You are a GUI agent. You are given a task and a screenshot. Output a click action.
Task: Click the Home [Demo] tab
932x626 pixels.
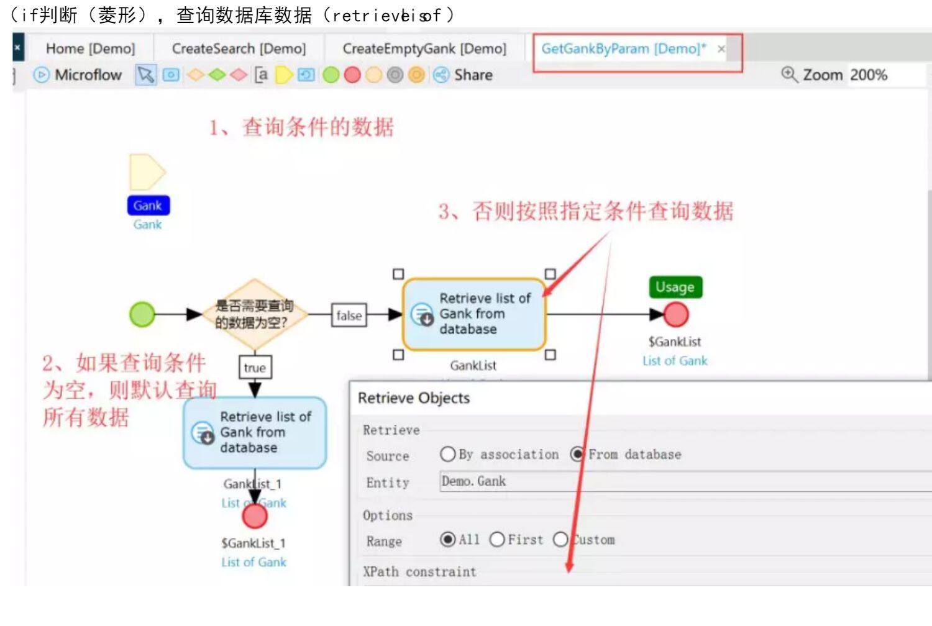click(x=90, y=48)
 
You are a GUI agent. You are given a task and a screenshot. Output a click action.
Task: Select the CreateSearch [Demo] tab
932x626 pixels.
click(x=239, y=48)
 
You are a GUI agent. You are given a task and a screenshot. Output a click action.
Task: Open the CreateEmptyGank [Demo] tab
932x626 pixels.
click(x=424, y=48)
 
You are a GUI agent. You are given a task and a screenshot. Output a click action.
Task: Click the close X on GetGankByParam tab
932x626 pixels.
click(x=721, y=49)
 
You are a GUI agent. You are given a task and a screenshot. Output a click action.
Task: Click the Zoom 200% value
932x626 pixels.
click(x=869, y=75)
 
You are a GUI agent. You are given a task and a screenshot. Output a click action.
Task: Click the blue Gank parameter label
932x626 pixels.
click(x=148, y=206)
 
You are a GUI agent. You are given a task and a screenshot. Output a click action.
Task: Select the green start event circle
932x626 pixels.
click(x=142, y=314)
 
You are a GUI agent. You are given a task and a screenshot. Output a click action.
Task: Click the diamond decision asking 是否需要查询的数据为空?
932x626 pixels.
click(x=254, y=314)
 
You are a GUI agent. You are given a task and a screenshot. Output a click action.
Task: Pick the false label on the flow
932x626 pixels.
click(x=349, y=315)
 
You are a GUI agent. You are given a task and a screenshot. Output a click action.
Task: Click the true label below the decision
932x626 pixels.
click(x=255, y=368)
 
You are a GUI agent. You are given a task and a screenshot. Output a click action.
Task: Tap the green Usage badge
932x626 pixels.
click(x=675, y=287)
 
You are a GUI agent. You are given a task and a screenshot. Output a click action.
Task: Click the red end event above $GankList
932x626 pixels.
click(x=676, y=315)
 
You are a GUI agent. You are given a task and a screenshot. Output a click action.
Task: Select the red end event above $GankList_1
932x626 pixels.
click(x=255, y=515)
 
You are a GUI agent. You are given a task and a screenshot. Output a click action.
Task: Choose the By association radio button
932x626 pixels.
click(x=447, y=454)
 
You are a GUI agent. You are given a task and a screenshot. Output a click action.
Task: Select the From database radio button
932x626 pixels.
click(x=577, y=454)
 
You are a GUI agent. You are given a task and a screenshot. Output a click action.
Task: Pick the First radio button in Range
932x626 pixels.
click(x=497, y=539)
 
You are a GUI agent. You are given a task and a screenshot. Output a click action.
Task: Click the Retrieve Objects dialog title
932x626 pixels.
click(x=414, y=398)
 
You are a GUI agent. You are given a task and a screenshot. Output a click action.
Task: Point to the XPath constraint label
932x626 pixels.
click(x=419, y=571)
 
